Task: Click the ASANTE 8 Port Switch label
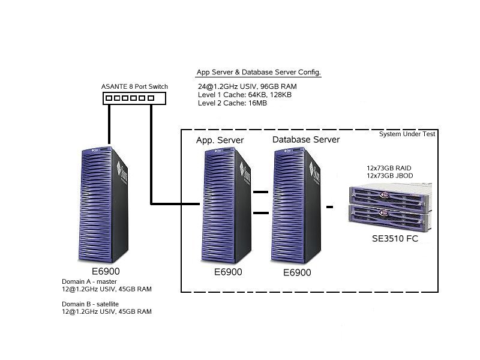click(134, 86)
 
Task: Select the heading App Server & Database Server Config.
click(259, 73)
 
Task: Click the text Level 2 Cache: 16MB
click(232, 103)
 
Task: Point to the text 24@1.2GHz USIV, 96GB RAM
click(247, 86)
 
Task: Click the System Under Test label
click(407, 134)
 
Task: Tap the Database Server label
click(306, 140)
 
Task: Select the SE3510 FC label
click(394, 239)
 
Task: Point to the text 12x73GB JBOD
click(389, 175)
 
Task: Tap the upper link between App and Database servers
click(260, 193)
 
